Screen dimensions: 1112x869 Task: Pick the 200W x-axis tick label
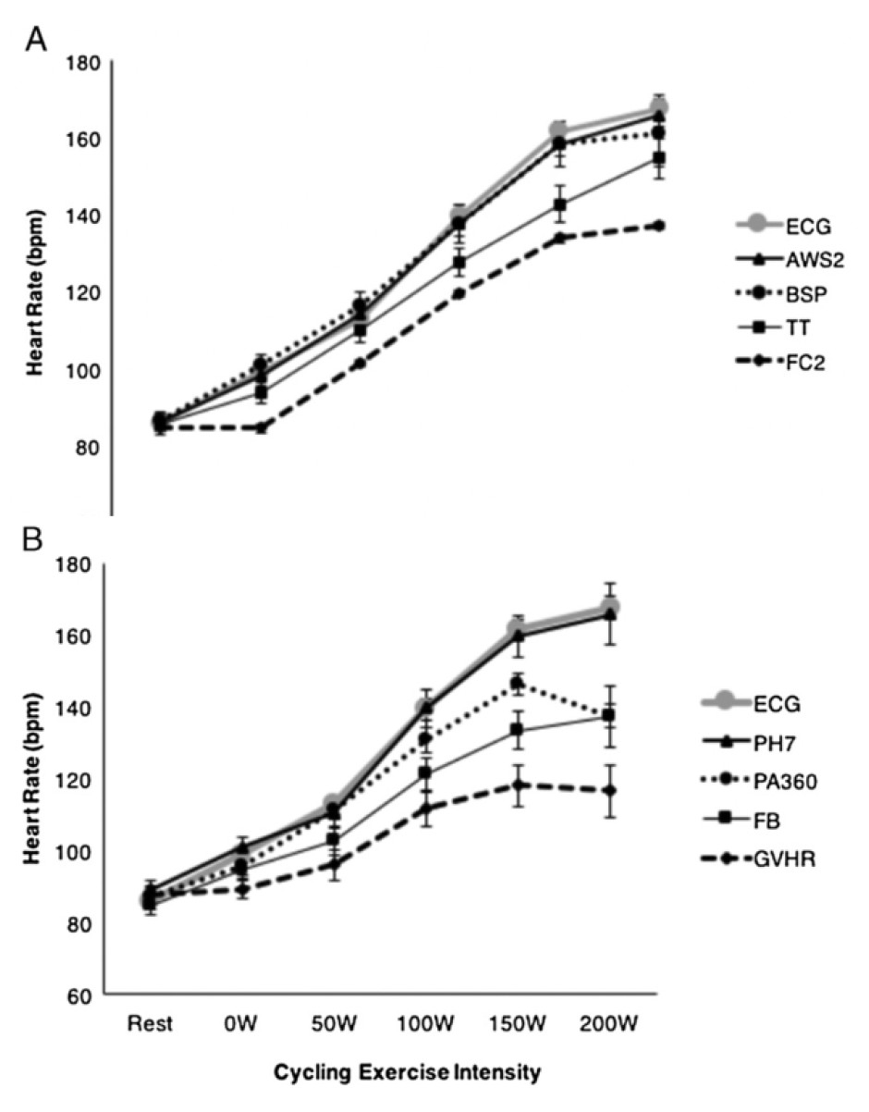pos(610,1023)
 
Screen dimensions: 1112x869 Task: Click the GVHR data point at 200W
pos(610,790)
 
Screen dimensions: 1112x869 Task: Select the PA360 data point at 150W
pos(518,684)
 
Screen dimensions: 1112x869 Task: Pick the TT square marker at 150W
pos(561,204)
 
